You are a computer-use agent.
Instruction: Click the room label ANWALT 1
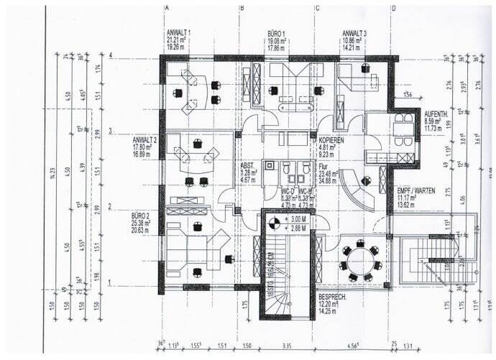point(178,34)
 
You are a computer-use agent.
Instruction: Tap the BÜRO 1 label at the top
point(277,34)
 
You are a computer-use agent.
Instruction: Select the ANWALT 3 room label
point(355,34)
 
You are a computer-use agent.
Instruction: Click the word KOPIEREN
point(331,141)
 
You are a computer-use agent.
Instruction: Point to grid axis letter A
point(167,8)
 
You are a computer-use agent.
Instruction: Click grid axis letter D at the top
point(393,8)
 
